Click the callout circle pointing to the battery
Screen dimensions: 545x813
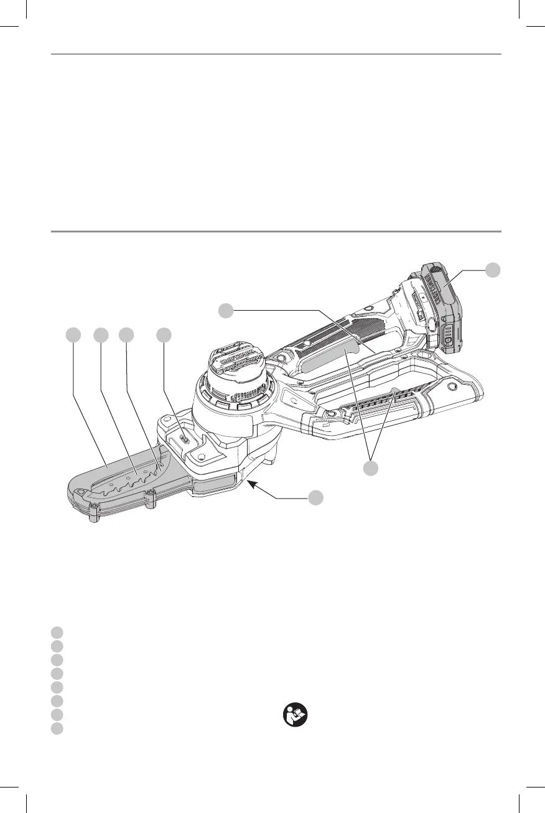click(493, 269)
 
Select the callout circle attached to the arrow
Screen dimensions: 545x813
click(316, 497)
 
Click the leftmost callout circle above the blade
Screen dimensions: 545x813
click(73, 334)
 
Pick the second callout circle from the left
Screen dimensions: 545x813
click(100, 334)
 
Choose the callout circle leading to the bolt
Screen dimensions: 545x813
click(164, 334)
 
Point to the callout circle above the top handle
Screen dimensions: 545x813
click(226, 309)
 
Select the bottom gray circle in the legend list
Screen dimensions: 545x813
click(57, 728)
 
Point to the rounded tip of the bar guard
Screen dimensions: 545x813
click(78, 494)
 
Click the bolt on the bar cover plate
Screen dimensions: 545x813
click(185, 438)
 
